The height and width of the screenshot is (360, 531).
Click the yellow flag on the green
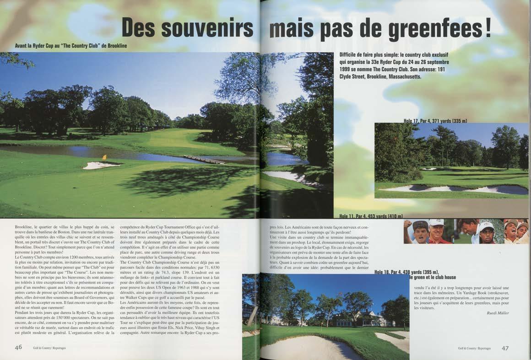tap(104, 157)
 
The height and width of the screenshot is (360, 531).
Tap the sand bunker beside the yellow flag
tap(100, 165)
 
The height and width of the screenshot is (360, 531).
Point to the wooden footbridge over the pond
tap(204, 159)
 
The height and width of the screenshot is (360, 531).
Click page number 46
tap(18, 347)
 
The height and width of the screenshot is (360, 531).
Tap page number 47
tap(505, 348)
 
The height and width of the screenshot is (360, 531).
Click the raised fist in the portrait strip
tap(407, 224)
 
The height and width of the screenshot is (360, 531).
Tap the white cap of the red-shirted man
tap(436, 223)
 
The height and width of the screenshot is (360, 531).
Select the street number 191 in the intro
tap(440, 69)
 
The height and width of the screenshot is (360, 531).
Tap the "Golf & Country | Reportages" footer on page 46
tap(49, 348)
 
